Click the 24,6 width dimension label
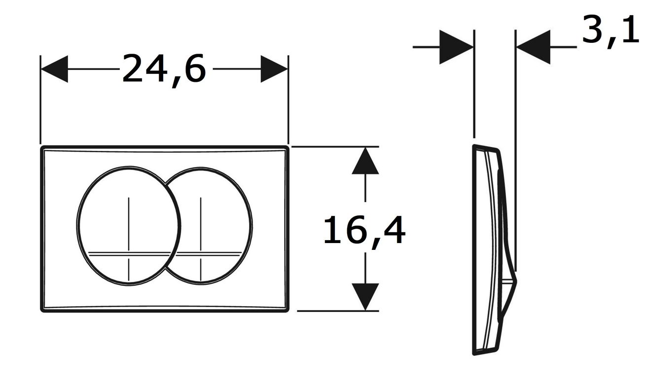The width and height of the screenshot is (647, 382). pos(164,70)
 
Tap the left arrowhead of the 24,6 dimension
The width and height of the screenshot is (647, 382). pos(54,69)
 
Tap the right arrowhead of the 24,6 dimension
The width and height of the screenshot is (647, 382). pos(274,69)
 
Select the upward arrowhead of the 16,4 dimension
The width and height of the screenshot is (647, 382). pos(365,161)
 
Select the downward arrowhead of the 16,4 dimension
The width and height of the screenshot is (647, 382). pos(365,297)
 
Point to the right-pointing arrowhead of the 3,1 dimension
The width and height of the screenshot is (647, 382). pos(456,47)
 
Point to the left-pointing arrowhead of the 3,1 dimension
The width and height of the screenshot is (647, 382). pos(533,47)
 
